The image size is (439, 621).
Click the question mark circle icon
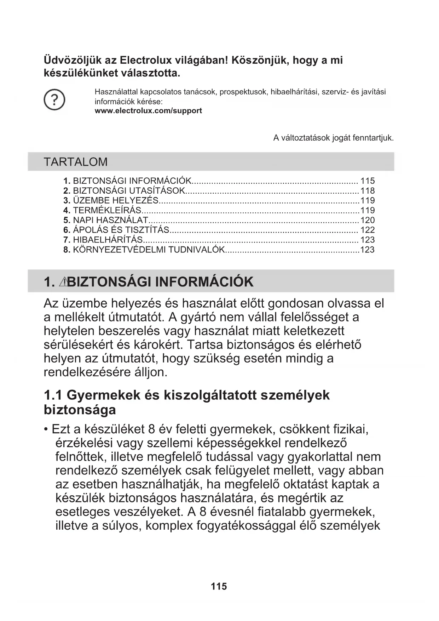(54, 100)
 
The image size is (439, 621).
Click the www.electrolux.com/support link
(148, 111)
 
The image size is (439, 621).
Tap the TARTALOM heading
(75, 162)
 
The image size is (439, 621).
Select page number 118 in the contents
(367, 191)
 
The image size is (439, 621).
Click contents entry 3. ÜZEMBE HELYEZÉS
(111, 200)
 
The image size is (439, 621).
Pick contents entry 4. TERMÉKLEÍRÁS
(103, 210)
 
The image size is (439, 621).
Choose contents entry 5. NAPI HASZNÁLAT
(105, 220)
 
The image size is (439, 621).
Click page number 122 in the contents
(367, 230)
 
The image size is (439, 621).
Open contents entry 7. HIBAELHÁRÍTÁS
(103, 240)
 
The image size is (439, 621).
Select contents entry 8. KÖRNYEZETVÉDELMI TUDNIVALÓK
(144, 250)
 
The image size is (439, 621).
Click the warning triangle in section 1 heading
(64, 282)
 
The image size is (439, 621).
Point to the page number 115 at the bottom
(219, 587)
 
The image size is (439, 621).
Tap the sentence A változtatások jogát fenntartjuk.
(333, 138)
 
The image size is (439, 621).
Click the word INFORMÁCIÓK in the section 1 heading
(204, 282)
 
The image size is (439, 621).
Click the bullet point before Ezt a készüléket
(46, 429)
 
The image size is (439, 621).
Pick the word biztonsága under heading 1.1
(80, 410)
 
